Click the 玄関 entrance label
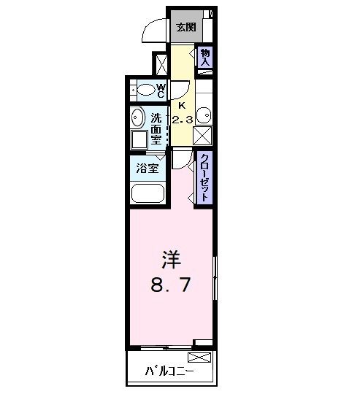coord(185,28)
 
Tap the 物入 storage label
coord(205,58)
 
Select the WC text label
coord(161,90)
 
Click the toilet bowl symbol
coord(148,90)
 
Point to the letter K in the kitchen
coord(183,105)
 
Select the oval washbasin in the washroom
coord(137,118)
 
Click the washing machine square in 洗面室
coord(138,140)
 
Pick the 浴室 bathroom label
coord(148,168)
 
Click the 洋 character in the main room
coord(171,259)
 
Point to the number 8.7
coord(171,285)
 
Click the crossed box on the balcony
coord(199,358)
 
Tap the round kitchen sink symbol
coord(204,115)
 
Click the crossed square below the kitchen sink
coord(203,136)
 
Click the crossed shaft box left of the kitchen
coord(159,64)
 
